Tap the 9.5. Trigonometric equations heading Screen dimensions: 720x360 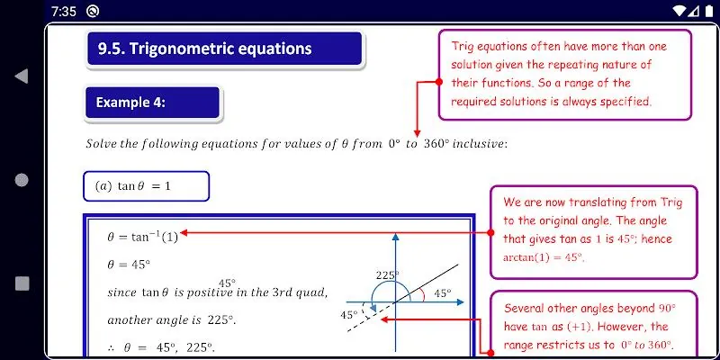pos(205,49)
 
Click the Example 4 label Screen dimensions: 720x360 pos(130,102)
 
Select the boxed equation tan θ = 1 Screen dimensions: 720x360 pos(146,186)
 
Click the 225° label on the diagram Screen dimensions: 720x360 pos(388,275)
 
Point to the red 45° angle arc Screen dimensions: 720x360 pos(421,295)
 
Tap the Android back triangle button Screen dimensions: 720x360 pos(21,76)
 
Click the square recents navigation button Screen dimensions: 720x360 pos(22,283)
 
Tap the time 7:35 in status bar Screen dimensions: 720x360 pos(64,12)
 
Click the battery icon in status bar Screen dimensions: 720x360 pos(709,12)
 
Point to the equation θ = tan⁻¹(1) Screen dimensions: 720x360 pos(142,237)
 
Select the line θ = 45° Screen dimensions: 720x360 pos(129,265)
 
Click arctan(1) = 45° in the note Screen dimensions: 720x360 pos(544,257)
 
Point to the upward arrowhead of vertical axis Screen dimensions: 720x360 pos(395,237)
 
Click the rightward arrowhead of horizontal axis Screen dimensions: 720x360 pos(460,302)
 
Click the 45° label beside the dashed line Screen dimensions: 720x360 pos(349,315)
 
